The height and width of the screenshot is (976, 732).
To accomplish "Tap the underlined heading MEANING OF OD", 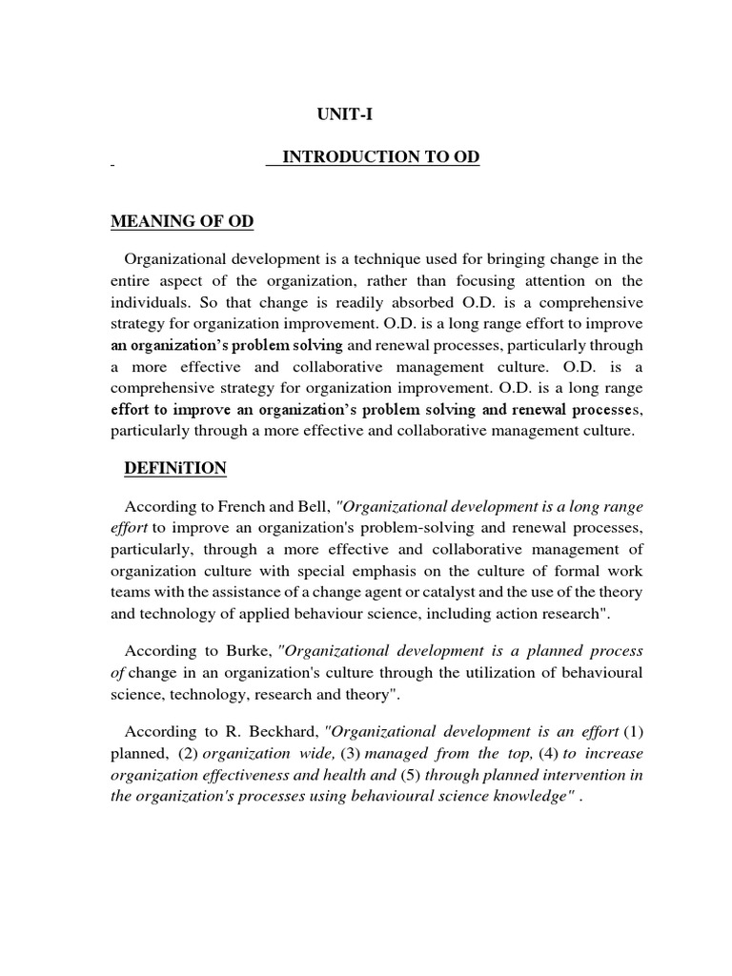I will pos(182,221).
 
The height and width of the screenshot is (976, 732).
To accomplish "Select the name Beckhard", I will pos(280,732).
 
